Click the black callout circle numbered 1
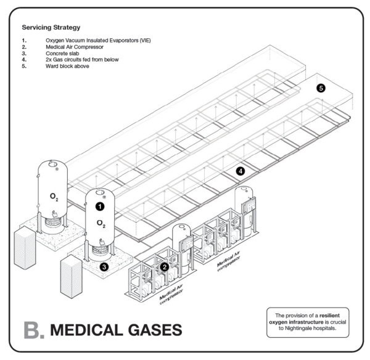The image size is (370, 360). (x=99, y=207)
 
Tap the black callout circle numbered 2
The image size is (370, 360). (x=165, y=267)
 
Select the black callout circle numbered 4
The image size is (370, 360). (x=240, y=171)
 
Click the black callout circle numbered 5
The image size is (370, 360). (x=321, y=88)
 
